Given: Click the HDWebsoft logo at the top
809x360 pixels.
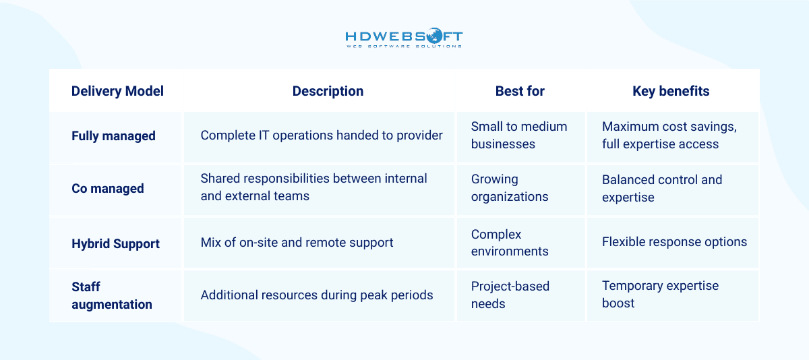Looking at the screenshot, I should [x=404, y=38].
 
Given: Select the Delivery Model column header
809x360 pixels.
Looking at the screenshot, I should [x=117, y=91].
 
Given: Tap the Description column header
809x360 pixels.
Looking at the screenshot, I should [x=328, y=91].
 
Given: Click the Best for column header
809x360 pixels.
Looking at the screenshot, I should [x=519, y=91].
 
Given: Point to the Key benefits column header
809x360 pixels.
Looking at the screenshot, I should [x=671, y=91].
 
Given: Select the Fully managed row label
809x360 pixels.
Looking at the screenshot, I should [x=113, y=136].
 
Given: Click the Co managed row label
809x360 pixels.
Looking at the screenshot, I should [x=108, y=188].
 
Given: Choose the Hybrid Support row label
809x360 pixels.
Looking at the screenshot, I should [x=115, y=243].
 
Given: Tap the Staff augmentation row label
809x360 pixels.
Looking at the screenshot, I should [x=112, y=295].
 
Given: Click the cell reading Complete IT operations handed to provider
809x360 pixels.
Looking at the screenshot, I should [x=322, y=136].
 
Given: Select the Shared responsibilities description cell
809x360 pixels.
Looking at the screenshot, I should [x=314, y=187].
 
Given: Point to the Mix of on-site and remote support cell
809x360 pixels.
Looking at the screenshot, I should [x=297, y=243].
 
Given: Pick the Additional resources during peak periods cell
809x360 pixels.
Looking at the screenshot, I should [x=317, y=295].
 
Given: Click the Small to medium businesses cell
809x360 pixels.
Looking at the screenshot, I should [x=518, y=135].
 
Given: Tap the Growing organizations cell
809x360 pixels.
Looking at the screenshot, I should [x=509, y=188].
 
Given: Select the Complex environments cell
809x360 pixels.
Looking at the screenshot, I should [x=509, y=243].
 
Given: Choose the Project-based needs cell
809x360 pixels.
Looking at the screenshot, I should [x=510, y=295].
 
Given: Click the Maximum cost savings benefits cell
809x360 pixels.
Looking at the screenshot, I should [x=669, y=135].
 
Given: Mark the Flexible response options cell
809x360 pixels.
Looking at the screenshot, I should [x=674, y=242].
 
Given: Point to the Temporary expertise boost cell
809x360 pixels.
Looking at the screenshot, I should [x=660, y=294].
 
